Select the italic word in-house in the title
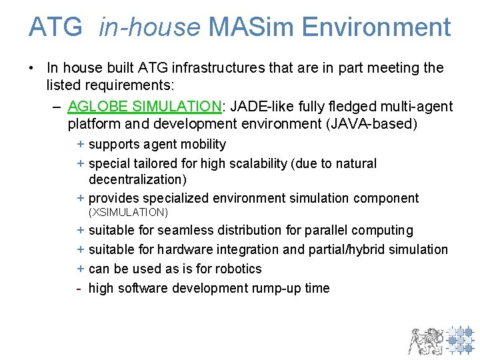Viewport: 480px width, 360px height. click(x=149, y=27)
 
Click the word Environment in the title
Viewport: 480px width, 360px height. click(x=376, y=27)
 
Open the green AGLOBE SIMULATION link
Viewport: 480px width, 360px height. click(x=145, y=106)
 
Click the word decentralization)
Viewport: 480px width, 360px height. click(x=137, y=179)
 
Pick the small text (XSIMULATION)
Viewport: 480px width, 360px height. click(x=128, y=213)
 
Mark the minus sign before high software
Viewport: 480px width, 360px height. click(x=79, y=288)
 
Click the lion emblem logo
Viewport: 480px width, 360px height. click(x=425, y=340)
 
